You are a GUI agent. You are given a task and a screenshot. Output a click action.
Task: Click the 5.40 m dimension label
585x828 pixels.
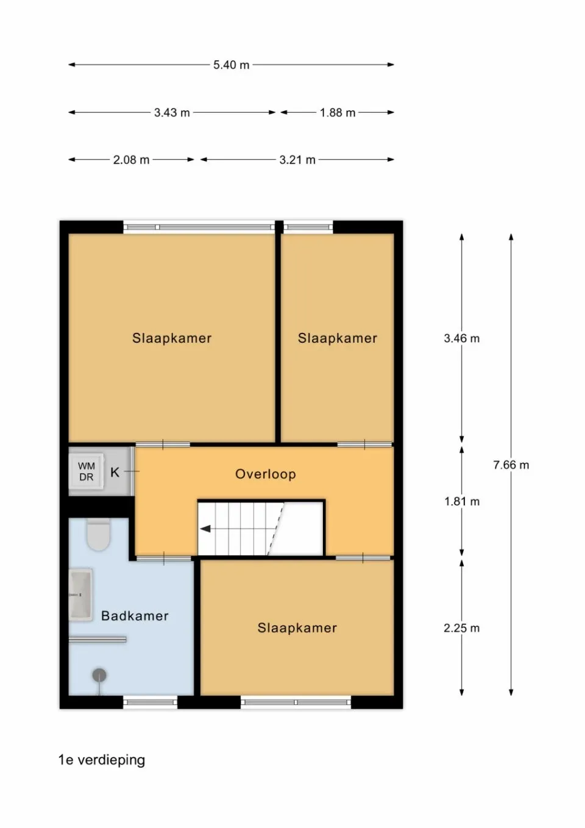click(231, 65)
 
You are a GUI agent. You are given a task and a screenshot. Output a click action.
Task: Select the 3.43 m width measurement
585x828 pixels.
click(172, 113)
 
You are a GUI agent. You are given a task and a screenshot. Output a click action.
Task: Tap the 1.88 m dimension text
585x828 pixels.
click(338, 113)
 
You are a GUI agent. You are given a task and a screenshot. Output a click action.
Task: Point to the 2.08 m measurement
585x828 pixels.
click(131, 160)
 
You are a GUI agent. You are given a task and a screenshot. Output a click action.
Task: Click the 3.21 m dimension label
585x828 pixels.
click(297, 160)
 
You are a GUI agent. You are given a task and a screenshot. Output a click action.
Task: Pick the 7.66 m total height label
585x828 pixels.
click(511, 465)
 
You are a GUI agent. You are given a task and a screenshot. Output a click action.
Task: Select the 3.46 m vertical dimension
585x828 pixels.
click(461, 338)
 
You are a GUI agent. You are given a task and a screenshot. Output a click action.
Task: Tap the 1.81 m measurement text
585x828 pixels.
click(461, 502)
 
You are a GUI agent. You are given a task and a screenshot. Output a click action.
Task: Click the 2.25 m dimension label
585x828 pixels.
click(461, 628)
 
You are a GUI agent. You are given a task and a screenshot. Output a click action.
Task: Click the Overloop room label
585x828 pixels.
click(266, 474)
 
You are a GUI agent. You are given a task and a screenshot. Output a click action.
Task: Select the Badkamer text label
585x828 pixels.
click(135, 616)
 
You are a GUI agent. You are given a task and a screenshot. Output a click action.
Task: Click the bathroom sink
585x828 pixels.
click(80, 594)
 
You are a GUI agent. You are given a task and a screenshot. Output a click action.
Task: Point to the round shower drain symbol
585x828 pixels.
click(99, 675)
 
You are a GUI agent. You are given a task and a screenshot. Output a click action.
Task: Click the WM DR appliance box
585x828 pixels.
click(87, 472)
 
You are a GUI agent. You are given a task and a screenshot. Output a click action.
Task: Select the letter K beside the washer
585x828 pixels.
click(115, 472)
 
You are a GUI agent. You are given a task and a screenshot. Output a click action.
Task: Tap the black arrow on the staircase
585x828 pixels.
click(206, 529)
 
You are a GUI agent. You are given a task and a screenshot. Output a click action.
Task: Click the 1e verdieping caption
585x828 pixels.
click(102, 760)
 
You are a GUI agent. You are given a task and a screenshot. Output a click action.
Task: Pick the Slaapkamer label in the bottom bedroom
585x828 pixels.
click(297, 628)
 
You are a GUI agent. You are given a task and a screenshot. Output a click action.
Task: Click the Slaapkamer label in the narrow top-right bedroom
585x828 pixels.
click(337, 338)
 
